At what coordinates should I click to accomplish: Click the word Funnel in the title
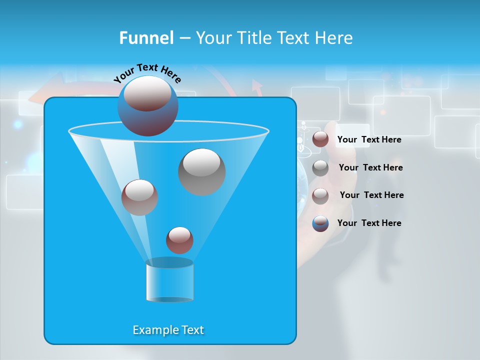click(x=146, y=38)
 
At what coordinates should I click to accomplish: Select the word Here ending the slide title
click(x=335, y=38)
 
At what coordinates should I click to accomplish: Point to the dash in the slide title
click(x=184, y=38)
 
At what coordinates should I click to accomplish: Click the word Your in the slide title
click(x=214, y=38)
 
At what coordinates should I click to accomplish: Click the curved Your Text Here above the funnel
click(x=147, y=72)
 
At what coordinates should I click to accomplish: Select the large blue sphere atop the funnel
click(x=148, y=105)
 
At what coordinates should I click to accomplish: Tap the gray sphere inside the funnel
click(x=201, y=171)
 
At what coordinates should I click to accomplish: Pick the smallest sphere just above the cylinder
click(x=179, y=240)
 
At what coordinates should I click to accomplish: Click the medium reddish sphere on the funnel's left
click(x=139, y=197)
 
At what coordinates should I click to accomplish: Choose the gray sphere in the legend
click(x=320, y=168)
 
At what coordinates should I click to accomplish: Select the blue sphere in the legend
click(x=320, y=223)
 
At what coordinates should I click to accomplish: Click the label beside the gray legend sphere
click(x=370, y=167)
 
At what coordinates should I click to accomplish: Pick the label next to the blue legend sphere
click(x=369, y=223)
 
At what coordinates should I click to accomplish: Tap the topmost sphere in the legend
click(x=320, y=139)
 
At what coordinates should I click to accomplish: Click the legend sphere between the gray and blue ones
click(x=320, y=195)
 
